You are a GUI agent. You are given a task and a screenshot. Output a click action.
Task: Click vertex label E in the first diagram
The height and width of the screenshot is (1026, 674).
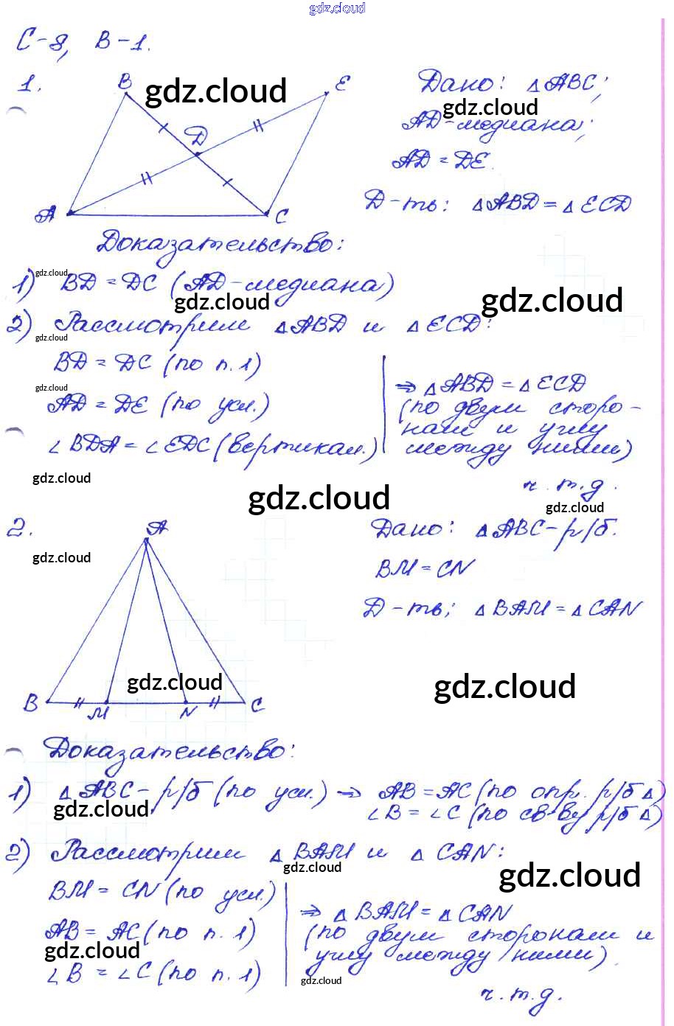point(341,83)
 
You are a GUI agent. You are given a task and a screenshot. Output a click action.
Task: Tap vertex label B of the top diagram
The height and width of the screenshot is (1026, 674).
point(125,82)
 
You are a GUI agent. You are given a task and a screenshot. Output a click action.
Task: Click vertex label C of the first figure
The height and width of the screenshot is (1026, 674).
point(281,217)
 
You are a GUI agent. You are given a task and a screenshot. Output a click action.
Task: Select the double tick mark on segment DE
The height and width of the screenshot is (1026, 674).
point(258,126)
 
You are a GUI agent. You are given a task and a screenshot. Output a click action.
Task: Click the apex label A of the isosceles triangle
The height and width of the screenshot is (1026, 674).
point(156,528)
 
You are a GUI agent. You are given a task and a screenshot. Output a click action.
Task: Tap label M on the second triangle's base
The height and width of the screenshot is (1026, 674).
point(97,713)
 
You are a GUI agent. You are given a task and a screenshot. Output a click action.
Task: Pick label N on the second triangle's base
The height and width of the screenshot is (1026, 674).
point(189,712)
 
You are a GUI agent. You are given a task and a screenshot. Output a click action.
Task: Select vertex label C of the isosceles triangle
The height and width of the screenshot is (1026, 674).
point(257,705)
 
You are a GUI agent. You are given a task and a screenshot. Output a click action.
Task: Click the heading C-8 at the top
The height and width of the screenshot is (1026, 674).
point(43,43)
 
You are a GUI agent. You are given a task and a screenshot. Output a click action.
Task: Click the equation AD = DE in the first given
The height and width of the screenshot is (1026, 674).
point(441,160)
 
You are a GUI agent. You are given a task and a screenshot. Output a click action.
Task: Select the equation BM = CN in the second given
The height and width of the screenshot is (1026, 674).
point(425,568)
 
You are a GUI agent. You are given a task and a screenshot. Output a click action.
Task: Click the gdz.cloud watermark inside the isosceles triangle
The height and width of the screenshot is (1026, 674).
point(175,683)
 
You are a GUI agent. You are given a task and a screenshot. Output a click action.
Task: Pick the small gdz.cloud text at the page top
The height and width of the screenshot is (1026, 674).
point(337,8)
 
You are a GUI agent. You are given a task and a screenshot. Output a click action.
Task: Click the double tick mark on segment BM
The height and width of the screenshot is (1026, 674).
point(78,702)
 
